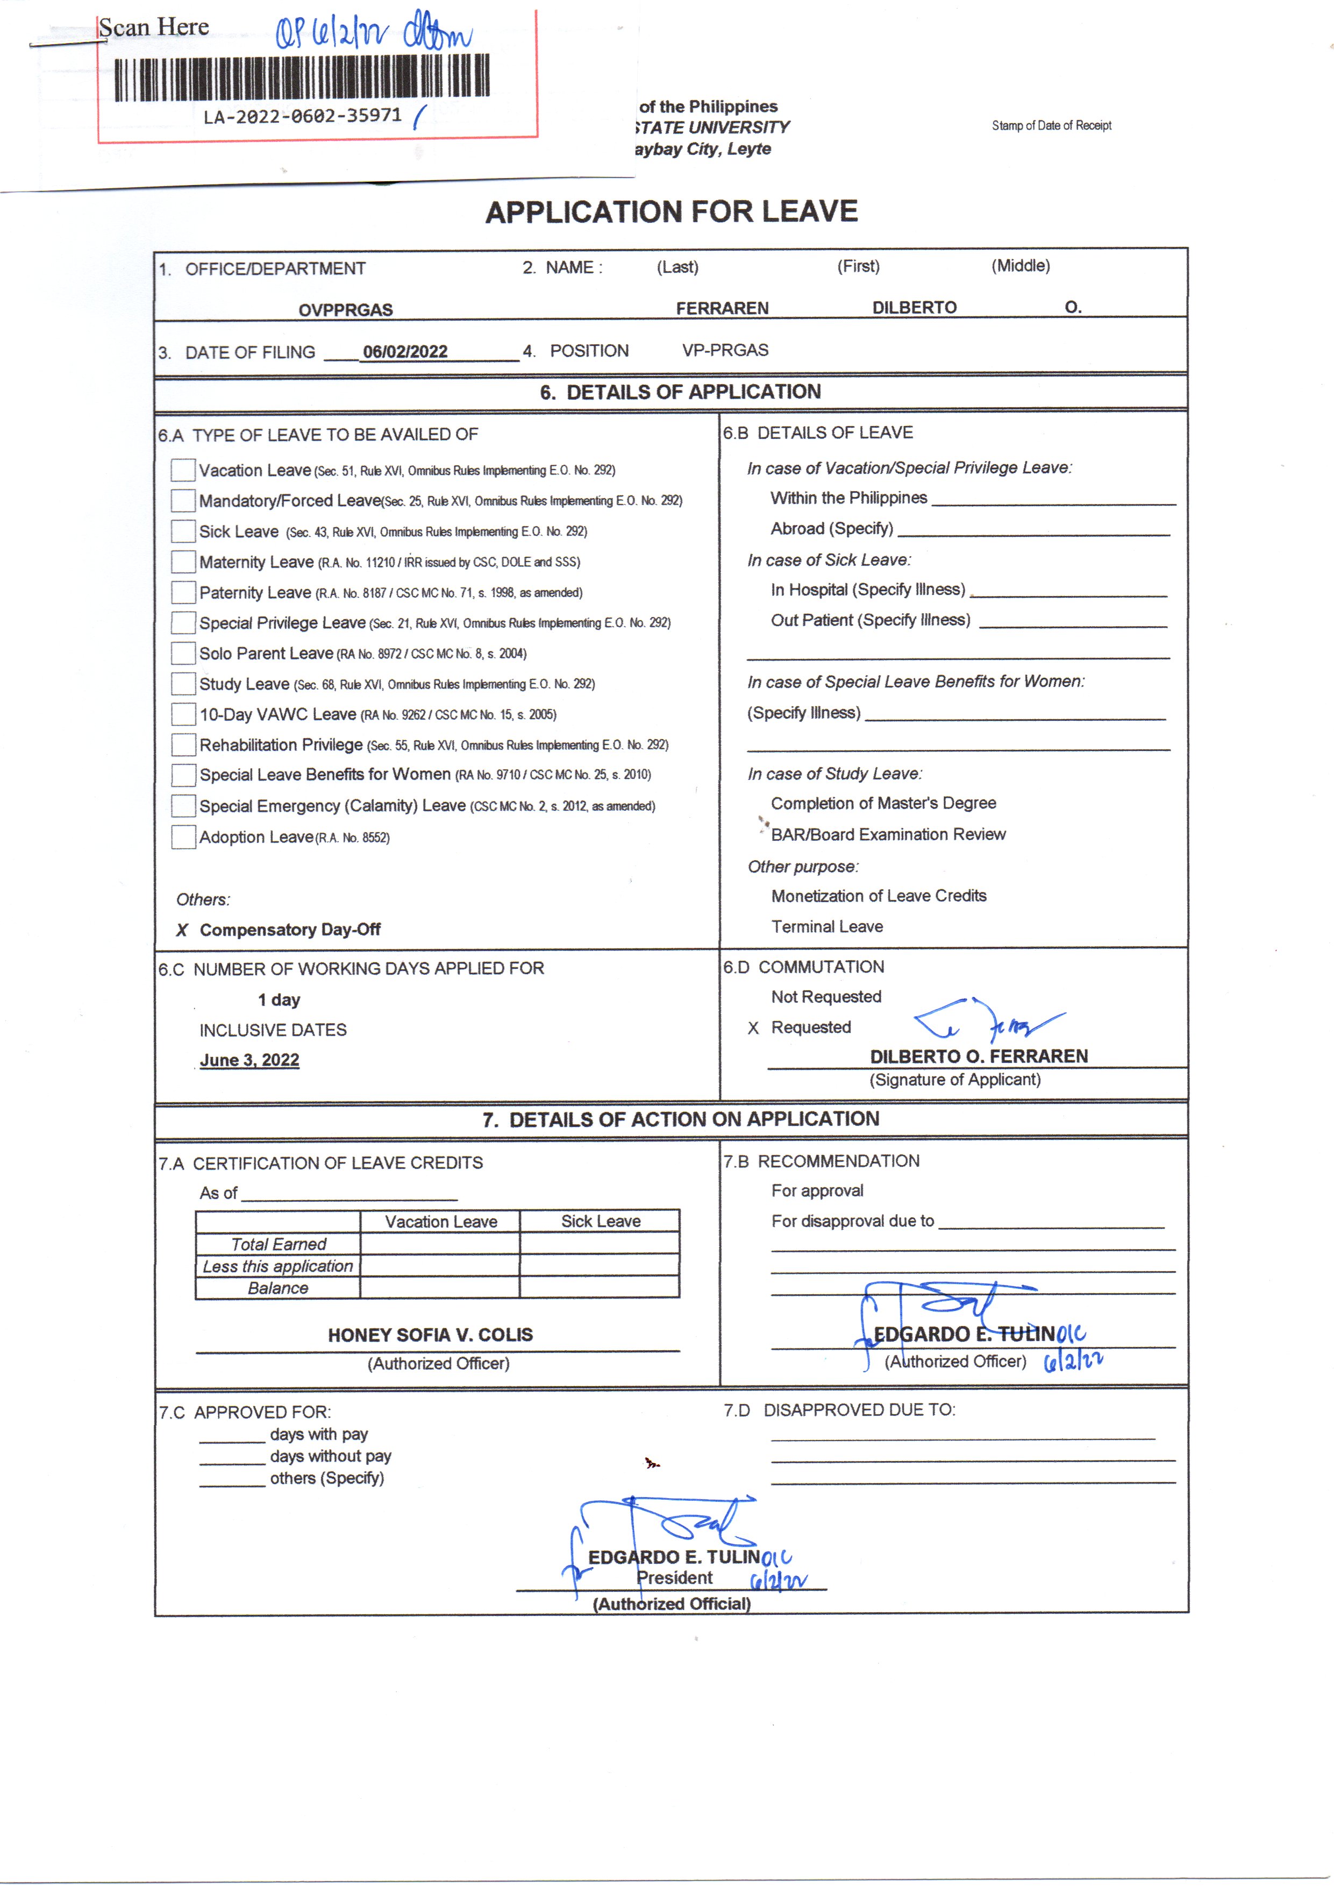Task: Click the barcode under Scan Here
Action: click(x=302, y=78)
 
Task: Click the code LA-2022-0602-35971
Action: click(x=302, y=116)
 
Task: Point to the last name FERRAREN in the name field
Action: click(x=722, y=308)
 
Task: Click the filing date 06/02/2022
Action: click(x=405, y=352)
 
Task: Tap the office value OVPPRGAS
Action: click(x=346, y=310)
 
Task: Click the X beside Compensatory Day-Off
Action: click(x=182, y=930)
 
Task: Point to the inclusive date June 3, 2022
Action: click(x=249, y=1060)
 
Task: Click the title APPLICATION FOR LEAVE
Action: click(x=671, y=212)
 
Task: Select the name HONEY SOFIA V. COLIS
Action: click(x=431, y=1335)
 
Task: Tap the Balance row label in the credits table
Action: click(x=277, y=1288)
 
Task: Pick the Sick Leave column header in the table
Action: click(x=601, y=1221)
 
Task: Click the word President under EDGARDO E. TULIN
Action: click(x=674, y=1577)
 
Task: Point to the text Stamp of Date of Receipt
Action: click(x=1051, y=126)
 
